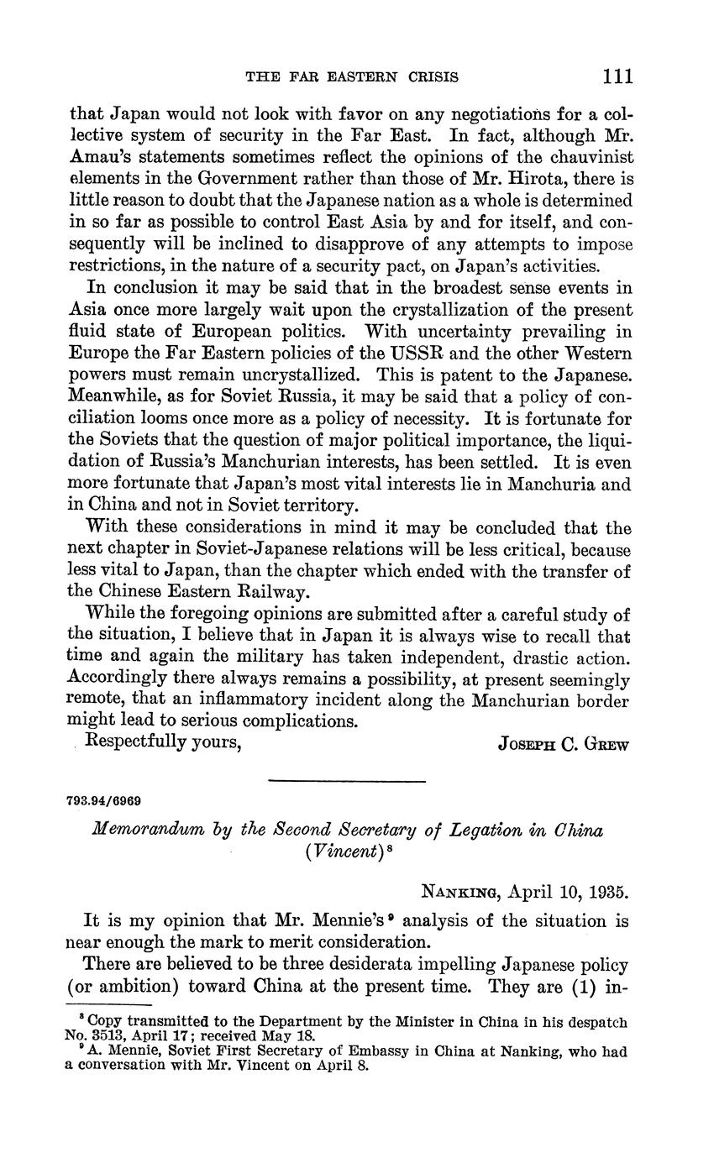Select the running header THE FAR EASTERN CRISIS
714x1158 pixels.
[352, 77]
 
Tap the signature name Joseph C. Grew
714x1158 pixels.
[563, 744]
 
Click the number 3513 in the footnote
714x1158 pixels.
[102, 1035]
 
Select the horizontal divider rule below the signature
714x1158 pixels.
[347, 782]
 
